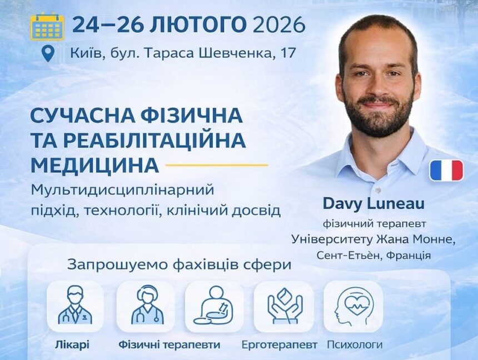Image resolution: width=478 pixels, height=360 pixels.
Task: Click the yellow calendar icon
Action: click(47, 26)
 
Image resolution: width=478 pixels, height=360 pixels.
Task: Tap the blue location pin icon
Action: click(48, 54)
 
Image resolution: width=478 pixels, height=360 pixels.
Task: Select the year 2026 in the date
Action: click(279, 25)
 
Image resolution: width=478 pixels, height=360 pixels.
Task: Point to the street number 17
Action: click(287, 54)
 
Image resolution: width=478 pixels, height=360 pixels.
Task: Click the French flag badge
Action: click(446, 171)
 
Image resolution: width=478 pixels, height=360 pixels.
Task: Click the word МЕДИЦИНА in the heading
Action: click(94, 165)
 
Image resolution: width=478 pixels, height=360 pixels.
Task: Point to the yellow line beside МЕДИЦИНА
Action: click(217, 165)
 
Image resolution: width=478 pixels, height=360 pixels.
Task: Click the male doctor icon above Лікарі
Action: click(75, 306)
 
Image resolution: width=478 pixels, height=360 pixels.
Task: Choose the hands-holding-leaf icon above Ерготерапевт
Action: click(284, 306)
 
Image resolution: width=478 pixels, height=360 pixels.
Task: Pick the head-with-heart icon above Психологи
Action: click(353, 306)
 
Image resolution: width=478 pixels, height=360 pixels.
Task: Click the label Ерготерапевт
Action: click(280, 344)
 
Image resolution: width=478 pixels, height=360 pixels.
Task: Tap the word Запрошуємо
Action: click(109, 264)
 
